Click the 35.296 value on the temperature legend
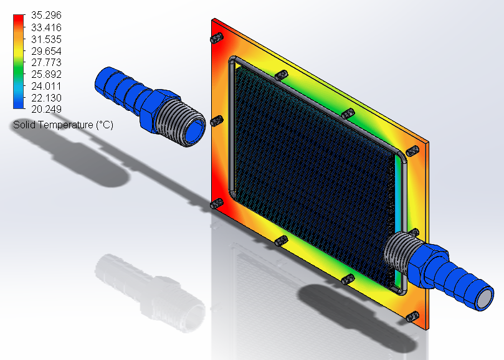[46, 15]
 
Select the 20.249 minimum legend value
[46, 109]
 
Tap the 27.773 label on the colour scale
[46, 62]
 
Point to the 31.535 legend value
[46, 39]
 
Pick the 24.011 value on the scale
[46, 86]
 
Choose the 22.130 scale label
[46, 98]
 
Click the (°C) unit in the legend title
[105, 125]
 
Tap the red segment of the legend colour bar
[19, 20]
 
